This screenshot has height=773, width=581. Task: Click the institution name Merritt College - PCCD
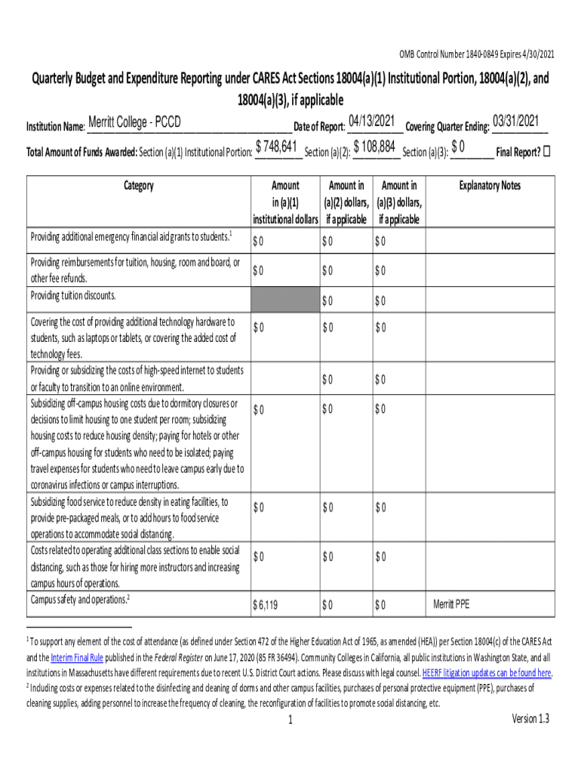coord(134,123)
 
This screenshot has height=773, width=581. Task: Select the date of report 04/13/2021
coord(373,121)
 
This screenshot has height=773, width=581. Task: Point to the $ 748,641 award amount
coord(279,146)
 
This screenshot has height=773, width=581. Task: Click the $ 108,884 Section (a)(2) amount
coord(375,146)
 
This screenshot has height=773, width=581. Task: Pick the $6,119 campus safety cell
coord(265,605)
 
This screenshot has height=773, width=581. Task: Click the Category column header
coord(138,186)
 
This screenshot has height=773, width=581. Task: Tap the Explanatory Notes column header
coord(490,186)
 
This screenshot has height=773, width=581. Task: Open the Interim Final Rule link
coord(82,658)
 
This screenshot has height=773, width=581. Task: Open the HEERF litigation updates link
coord(487,673)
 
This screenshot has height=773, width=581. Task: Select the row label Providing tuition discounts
coord(73,295)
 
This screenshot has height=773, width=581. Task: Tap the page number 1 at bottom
coord(290,720)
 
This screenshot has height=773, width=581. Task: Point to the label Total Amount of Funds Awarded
coord(81,152)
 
